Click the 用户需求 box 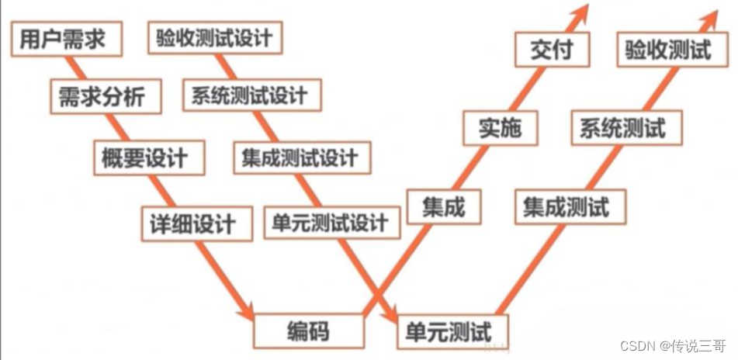[x=67, y=39]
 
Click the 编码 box [x=308, y=331]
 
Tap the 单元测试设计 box [x=331, y=223]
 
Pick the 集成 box [x=444, y=206]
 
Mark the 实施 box [x=500, y=129]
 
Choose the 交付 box [x=553, y=51]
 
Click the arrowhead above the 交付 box [x=579, y=12]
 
